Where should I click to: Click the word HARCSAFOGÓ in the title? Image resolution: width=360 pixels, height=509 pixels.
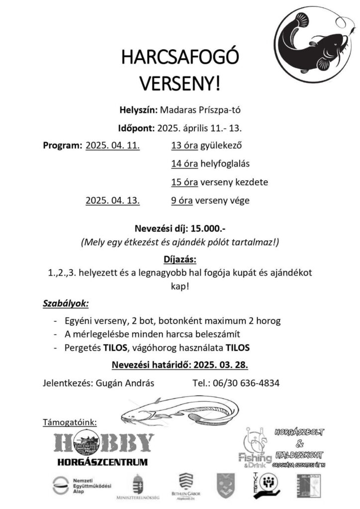(180, 60)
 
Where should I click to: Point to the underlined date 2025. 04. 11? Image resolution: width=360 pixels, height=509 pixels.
(113, 146)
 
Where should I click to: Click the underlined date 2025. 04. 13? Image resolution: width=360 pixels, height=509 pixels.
(113, 201)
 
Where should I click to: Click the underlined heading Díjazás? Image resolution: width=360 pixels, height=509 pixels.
(180, 259)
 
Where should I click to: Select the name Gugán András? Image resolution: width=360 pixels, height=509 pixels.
(124, 383)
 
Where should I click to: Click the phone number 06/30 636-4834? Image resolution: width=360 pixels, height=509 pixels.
(249, 383)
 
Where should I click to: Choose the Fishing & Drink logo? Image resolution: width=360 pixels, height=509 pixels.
(255, 447)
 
